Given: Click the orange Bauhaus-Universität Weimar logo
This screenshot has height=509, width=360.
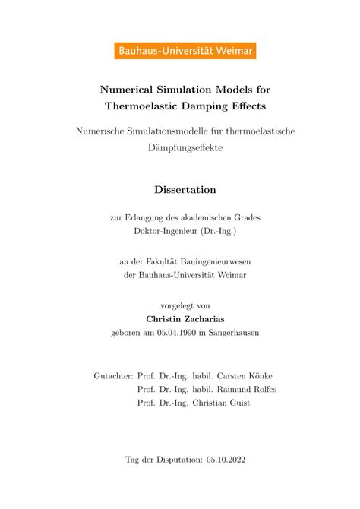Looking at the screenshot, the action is [185, 51].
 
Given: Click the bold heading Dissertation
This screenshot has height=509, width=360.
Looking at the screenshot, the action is [185, 190].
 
